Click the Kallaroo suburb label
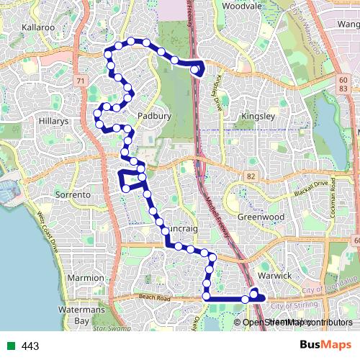[x=38, y=27]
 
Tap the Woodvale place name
[x=241, y=5]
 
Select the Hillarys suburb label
[x=54, y=122]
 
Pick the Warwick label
[x=274, y=276]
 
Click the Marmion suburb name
[x=86, y=277]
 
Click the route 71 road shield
[x=80, y=81]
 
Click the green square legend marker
[x=10, y=346]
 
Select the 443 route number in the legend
[x=30, y=346]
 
